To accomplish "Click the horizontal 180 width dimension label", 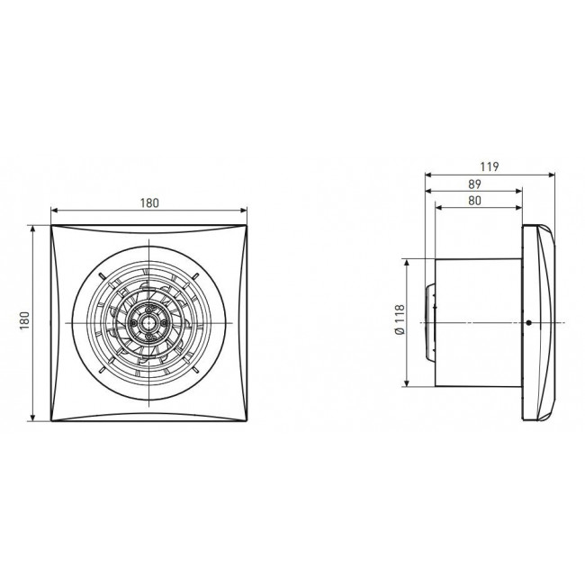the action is coord(149,203).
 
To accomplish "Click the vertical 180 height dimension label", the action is coord(24,320).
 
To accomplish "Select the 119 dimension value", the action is coord(489,166).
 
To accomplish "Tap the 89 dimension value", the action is coord(474,184).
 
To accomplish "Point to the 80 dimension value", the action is coord(474,201).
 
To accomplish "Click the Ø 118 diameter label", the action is coord(400,319).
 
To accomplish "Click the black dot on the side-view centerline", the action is coord(528,323).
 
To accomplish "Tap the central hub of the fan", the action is coord(148,323).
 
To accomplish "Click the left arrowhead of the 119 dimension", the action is coord(428,175).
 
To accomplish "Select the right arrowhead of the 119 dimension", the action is coord(552,175).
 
